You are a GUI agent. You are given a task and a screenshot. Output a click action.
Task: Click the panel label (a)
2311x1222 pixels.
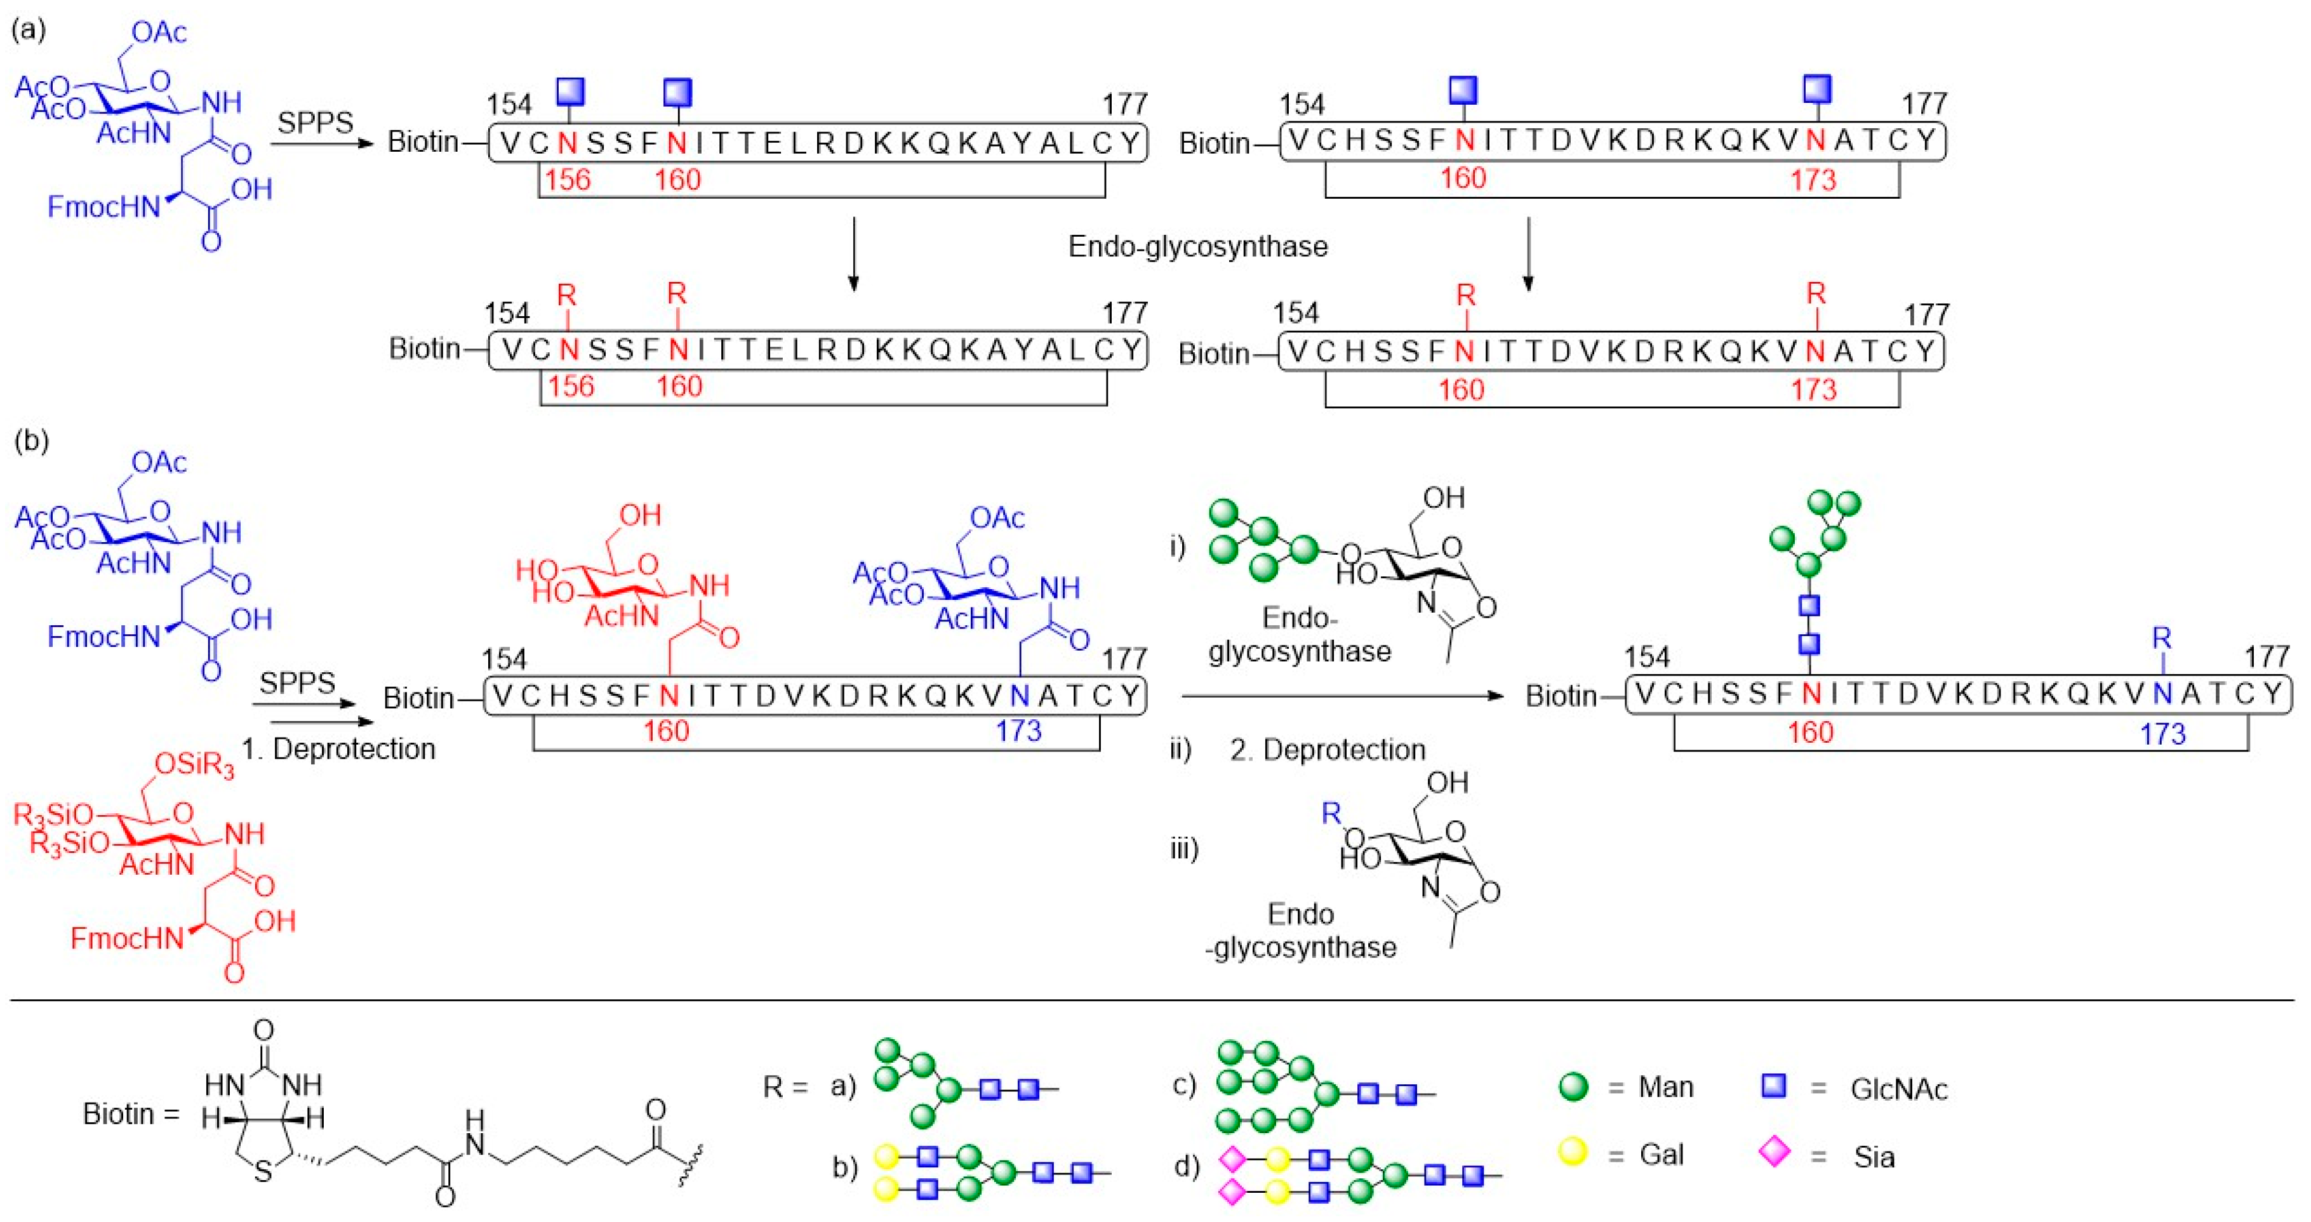(x=28, y=30)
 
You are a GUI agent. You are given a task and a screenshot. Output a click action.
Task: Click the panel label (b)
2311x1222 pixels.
(x=31, y=441)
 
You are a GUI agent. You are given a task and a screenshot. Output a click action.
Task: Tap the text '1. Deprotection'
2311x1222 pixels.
(x=338, y=749)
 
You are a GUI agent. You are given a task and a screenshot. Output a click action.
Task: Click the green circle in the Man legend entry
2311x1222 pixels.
(x=1573, y=1087)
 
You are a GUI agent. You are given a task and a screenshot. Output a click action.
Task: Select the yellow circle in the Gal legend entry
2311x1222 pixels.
(x=1573, y=1152)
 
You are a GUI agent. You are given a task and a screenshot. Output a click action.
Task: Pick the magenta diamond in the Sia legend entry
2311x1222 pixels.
(x=1774, y=1152)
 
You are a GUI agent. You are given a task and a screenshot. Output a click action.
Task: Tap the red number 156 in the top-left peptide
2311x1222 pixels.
(x=568, y=180)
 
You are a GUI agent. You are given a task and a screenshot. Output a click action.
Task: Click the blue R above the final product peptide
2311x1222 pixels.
(x=2161, y=639)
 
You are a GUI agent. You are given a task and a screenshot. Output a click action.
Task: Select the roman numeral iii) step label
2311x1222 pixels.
(x=1184, y=848)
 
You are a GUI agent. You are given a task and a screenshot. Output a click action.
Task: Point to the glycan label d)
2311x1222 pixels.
(x=1186, y=1166)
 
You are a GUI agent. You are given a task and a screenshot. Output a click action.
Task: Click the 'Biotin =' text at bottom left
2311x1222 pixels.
(x=131, y=1114)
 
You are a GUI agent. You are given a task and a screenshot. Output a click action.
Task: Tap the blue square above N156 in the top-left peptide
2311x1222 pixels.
(x=571, y=91)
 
